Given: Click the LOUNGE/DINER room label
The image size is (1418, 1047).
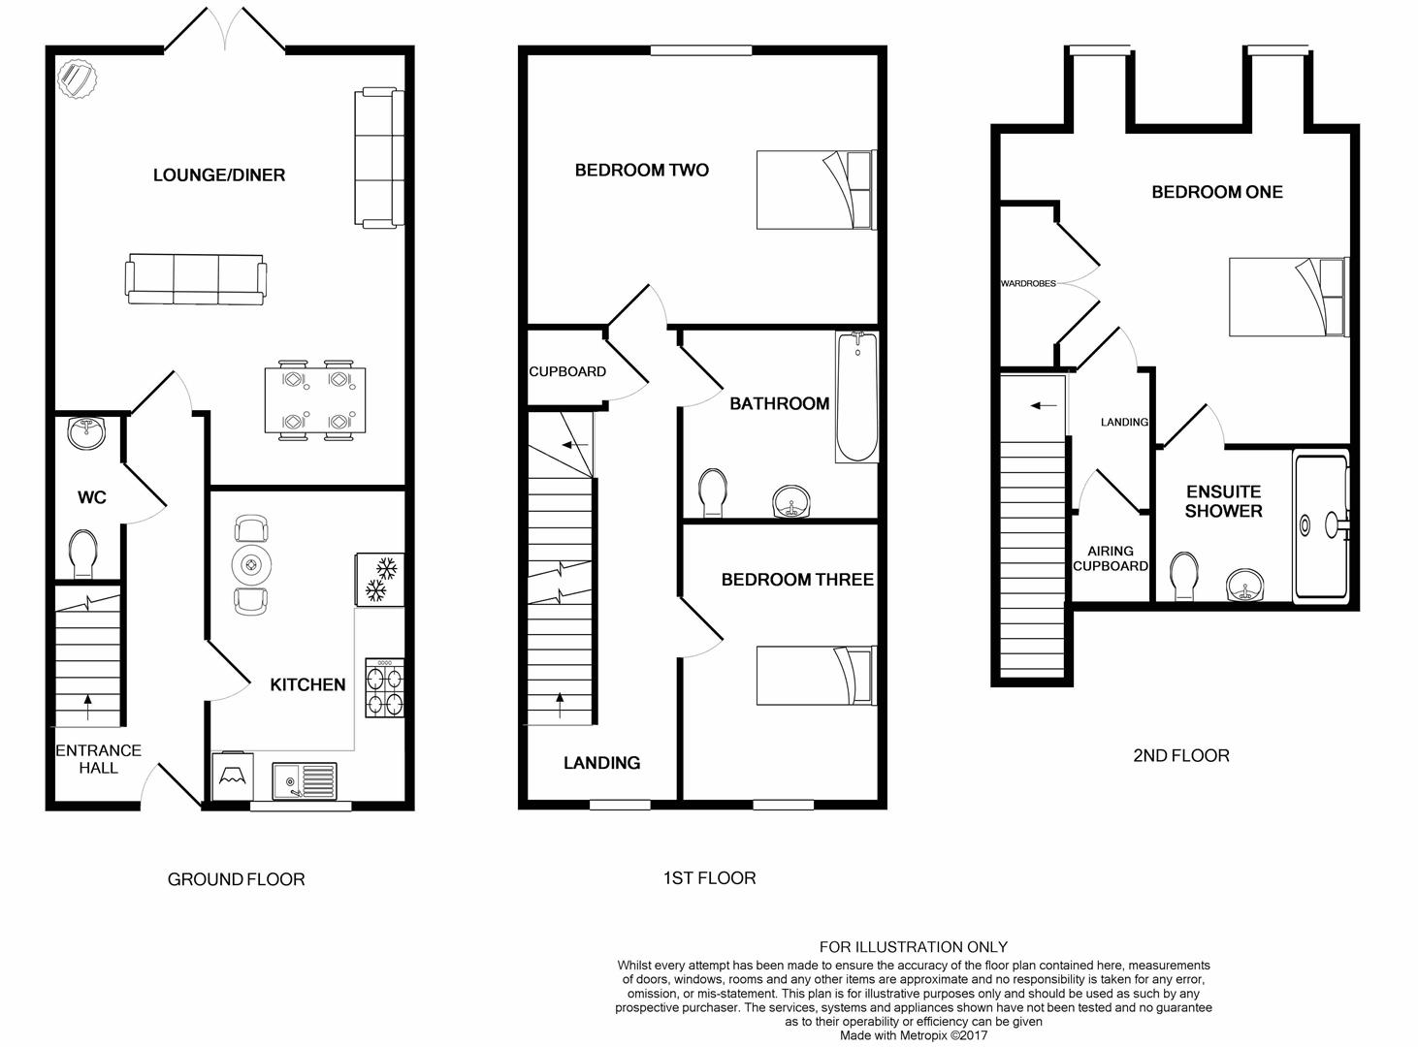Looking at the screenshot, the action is point(218,175).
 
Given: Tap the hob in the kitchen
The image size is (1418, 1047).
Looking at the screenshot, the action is point(384,687).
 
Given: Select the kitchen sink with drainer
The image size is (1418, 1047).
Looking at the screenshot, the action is point(305,780).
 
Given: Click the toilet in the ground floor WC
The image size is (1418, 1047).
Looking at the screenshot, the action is point(82,554).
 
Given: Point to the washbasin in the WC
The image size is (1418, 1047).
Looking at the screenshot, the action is point(86,432).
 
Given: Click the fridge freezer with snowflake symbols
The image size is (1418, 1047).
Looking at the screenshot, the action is point(380,579).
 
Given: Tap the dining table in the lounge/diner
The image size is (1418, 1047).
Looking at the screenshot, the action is point(315,400).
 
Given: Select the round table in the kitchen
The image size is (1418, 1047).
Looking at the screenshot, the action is point(251,565).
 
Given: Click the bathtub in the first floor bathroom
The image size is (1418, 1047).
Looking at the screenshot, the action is point(856,397).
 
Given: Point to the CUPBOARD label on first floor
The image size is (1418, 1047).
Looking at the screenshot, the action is point(567,371).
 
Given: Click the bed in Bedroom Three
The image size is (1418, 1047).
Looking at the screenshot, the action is point(817,676).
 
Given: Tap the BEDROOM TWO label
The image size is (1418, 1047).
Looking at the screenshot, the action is point(642,170).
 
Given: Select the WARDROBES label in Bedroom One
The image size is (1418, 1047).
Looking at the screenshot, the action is point(1028,283).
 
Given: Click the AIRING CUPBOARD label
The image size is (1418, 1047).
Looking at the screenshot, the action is point(1111,558).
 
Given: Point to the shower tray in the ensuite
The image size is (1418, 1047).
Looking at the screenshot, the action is point(1321,524).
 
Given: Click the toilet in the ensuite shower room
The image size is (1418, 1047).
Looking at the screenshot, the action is point(1184,576).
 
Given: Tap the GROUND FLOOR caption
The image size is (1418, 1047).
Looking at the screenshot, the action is point(236,879).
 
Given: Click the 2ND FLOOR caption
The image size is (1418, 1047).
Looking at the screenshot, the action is point(1181,755).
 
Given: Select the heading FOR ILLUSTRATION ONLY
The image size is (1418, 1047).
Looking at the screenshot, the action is point(914,946).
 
